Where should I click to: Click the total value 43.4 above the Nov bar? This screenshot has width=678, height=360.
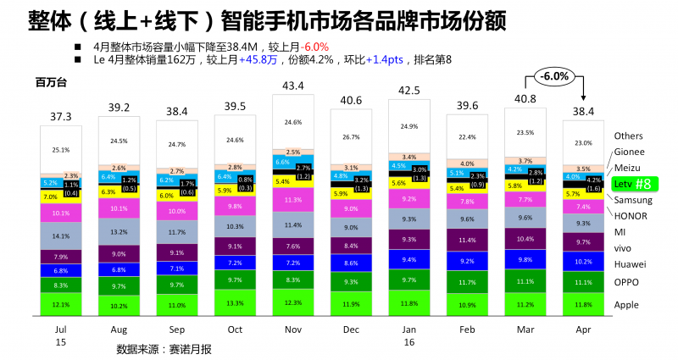(x=293, y=86)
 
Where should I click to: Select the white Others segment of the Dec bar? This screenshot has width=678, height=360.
(x=351, y=136)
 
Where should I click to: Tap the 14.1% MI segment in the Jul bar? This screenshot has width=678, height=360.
(x=61, y=236)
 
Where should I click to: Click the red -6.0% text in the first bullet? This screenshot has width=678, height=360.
(x=311, y=47)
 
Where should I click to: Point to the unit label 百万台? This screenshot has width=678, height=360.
(x=51, y=82)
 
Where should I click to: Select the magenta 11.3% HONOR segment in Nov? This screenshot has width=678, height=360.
(x=293, y=201)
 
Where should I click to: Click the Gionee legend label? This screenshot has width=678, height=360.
(x=629, y=152)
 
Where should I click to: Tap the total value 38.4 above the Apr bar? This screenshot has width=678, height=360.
(x=584, y=111)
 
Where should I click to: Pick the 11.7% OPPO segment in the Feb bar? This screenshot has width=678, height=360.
(x=467, y=282)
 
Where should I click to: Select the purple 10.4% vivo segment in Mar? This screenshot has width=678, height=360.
(x=525, y=241)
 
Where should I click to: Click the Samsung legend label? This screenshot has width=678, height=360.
(x=632, y=200)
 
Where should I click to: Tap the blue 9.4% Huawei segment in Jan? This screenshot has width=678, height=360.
(x=409, y=260)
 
